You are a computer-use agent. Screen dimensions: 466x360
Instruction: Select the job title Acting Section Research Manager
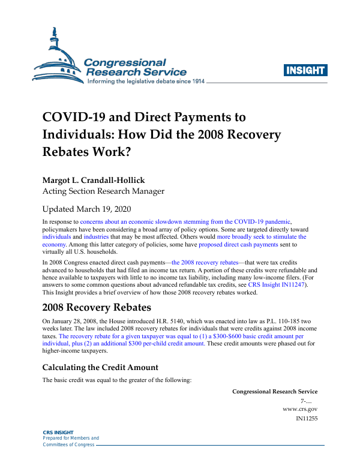click(x=103, y=191)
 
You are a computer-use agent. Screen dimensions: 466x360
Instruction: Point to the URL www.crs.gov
click(x=300, y=408)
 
